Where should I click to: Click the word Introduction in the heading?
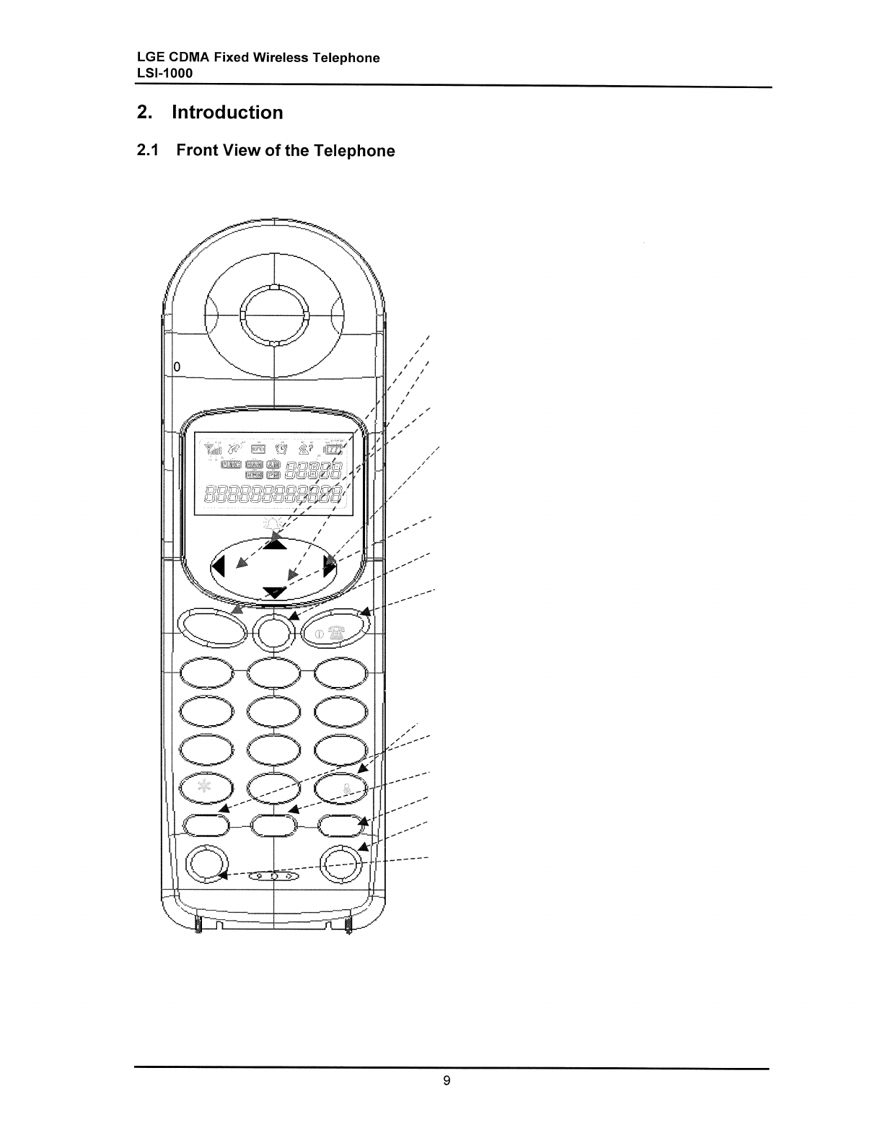pyautogui.click(x=227, y=113)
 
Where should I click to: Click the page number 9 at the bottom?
pyautogui.click(x=447, y=1080)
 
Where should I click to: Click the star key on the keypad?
pyautogui.click(x=205, y=787)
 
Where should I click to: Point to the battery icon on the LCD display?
pyautogui.click(x=334, y=450)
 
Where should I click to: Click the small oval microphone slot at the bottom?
pyautogui.click(x=273, y=876)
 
